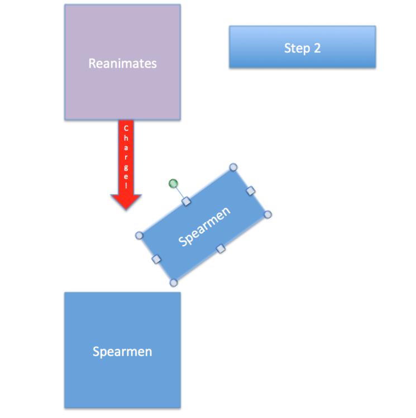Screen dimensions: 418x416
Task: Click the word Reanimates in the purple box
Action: [x=122, y=63]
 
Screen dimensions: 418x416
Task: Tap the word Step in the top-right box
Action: [x=295, y=48]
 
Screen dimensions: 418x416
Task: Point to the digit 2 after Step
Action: [x=317, y=48]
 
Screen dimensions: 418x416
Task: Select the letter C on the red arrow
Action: [x=126, y=128]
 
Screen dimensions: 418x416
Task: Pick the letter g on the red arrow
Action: [x=126, y=168]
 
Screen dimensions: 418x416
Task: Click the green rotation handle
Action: [x=173, y=183]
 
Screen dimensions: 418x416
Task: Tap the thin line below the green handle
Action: [x=180, y=192]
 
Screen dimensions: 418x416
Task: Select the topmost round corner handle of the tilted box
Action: [x=233, y=167]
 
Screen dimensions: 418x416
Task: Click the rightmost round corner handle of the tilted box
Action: [x=267, y=215]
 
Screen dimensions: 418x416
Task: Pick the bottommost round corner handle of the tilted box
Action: [x=174, y=283]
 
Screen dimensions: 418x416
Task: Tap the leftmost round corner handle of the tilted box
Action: [x=140, y=235]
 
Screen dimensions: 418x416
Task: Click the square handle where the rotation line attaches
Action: [x=187, y=201]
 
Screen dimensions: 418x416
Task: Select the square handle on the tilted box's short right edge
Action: [x=251, y=191]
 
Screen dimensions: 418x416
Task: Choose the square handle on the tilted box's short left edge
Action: [x=156, y=259]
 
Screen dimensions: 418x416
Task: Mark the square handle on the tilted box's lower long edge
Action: [x=221, y=248]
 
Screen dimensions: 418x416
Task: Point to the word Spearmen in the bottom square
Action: [x=122, y=352]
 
